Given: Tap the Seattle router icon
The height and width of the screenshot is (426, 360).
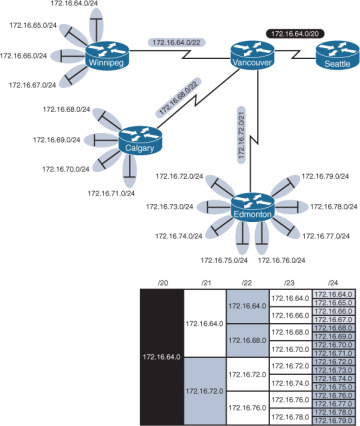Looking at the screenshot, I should pyautogui.click(x=331, y=59).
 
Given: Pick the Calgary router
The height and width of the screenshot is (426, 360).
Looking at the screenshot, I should pyautogui.click(x=139, y=141).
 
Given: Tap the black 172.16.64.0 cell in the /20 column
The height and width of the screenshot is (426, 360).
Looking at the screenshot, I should pyautogui.click(x=162, y=355).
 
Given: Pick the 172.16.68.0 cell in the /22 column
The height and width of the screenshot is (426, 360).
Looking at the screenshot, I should pyautogui.click(x=247, y=339).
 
